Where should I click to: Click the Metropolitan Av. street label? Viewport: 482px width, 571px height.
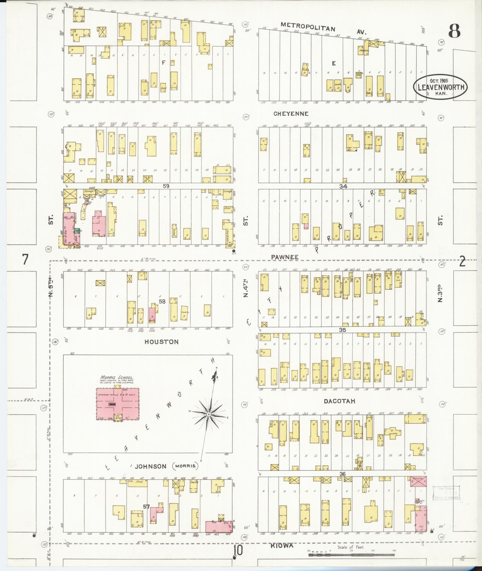pyautogui.click(x=308, y=28)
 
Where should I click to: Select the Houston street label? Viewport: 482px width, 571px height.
pyautogui.click(x=161, y=342)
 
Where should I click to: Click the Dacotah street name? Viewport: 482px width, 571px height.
pyautogui.click(x=340, y=401)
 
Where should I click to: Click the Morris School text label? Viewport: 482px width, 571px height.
pyautogui.click(x=117, y=377)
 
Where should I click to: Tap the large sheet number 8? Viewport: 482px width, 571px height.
pyautogui.click(x=454, y=31)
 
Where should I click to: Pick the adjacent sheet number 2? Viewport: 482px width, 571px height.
pyautogui.click(x=462, y=261)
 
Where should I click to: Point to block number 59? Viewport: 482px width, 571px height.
pyautogui.click(x=166, y=186)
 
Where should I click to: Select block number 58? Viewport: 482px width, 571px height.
pyautogui.click(x=162, y=302)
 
